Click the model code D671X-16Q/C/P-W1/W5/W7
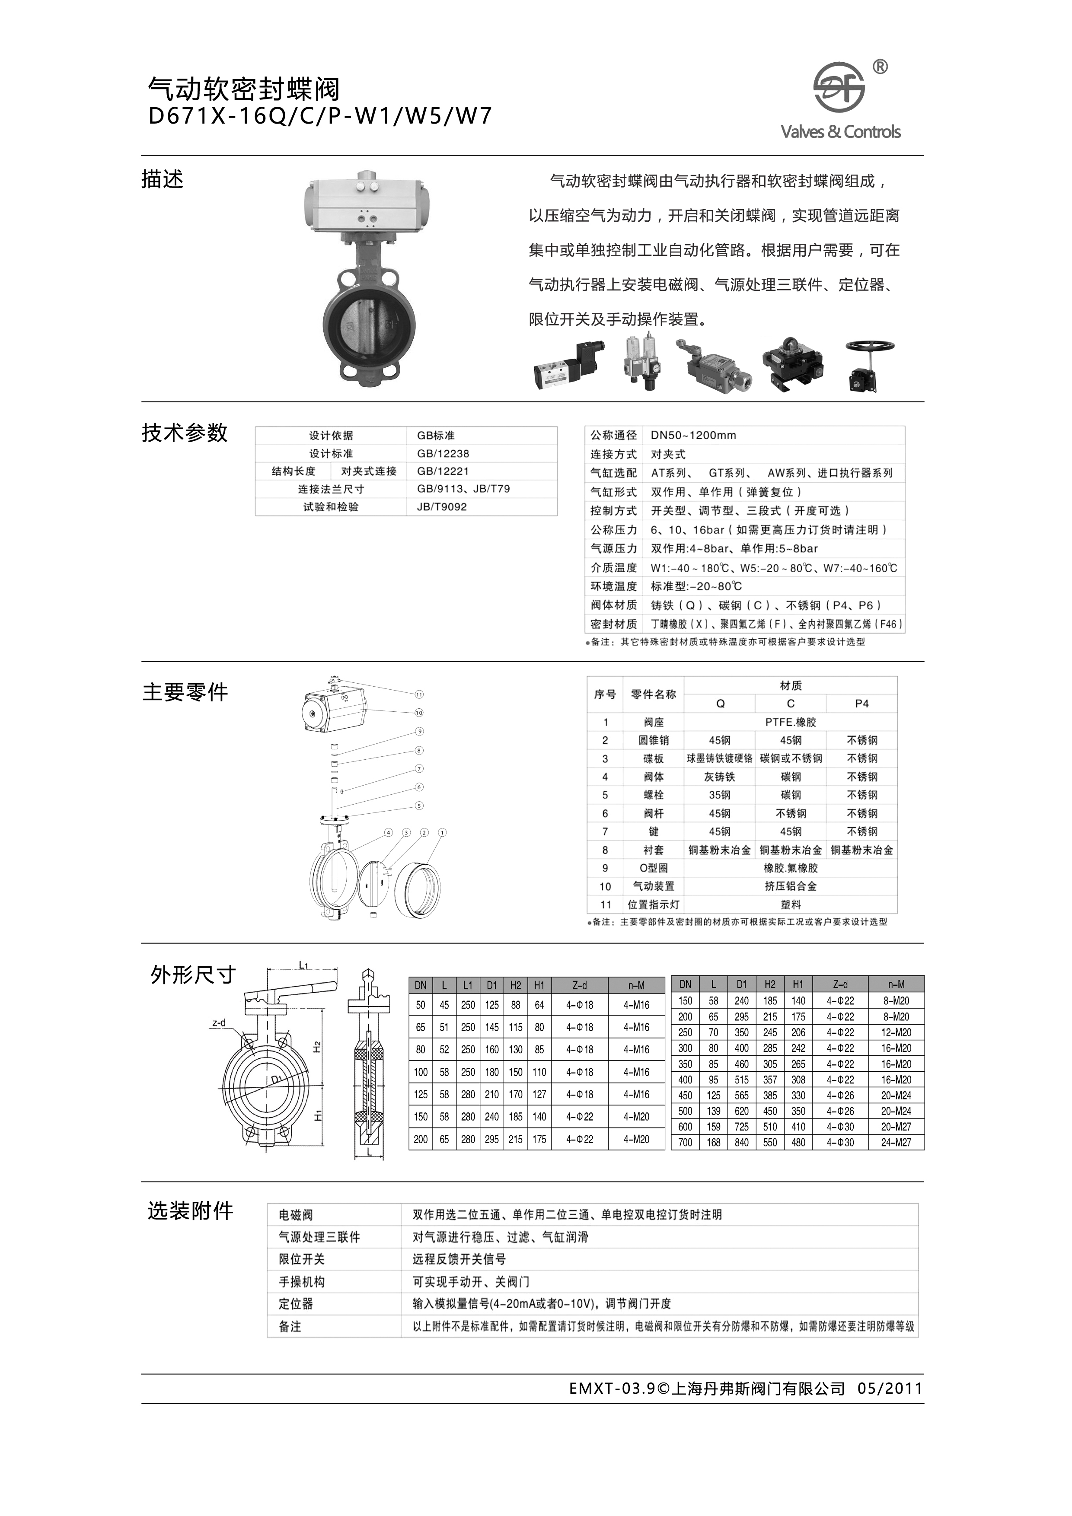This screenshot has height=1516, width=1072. click(320, 116)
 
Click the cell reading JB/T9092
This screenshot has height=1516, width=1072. click(442, 507)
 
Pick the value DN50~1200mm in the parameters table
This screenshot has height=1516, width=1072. click(693, 435)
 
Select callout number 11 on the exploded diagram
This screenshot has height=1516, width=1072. click(419, 694)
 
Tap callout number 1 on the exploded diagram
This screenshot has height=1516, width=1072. click(443, 833)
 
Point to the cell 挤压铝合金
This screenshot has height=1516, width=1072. click(791, 886)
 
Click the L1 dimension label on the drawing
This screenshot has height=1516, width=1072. click(304, 965)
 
